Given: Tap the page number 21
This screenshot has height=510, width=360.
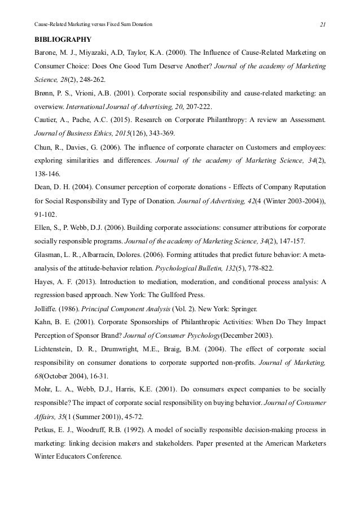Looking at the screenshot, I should [323, 24].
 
